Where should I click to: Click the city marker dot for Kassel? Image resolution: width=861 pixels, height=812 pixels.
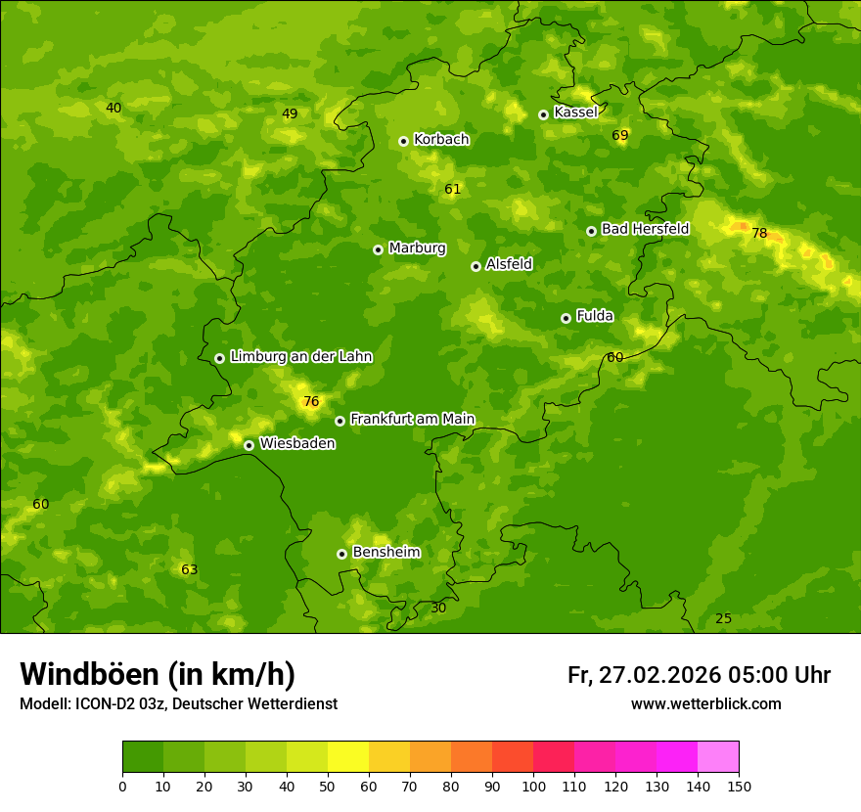click(543, 114)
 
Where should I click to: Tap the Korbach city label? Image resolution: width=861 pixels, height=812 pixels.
click(441, 140)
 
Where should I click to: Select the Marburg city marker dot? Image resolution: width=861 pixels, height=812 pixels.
click(378, 249)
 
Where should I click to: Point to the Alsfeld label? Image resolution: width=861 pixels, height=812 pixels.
click(509, 264)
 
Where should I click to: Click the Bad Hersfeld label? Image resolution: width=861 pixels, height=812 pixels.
click(645, 229)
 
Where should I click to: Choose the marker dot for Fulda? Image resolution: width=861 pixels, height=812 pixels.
click(566, 318)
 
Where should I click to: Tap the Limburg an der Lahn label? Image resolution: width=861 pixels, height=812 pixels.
click(300, 357)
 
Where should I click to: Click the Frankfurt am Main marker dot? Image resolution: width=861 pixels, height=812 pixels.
click(340, 421)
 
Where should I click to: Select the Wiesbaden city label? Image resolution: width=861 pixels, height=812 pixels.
click(296, 443)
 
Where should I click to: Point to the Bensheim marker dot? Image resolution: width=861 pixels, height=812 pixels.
click(341, 554)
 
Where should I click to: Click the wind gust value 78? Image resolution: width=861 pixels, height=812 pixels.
click(759, 233)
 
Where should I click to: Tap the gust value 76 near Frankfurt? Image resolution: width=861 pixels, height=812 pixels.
click(311, 401)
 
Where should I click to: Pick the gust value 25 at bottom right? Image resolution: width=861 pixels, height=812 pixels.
click(723, 618)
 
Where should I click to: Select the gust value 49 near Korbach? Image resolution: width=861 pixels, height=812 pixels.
click(290, 113)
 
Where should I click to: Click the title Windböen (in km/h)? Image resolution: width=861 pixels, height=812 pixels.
click(158, 674)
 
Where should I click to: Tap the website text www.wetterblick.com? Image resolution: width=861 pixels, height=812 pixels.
click(705, 703)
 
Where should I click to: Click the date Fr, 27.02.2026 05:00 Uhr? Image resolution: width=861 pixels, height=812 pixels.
click(699, 675)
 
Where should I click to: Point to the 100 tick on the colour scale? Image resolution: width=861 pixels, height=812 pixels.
click(533, 786)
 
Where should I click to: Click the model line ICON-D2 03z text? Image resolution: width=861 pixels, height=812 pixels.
click(178, 703)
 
